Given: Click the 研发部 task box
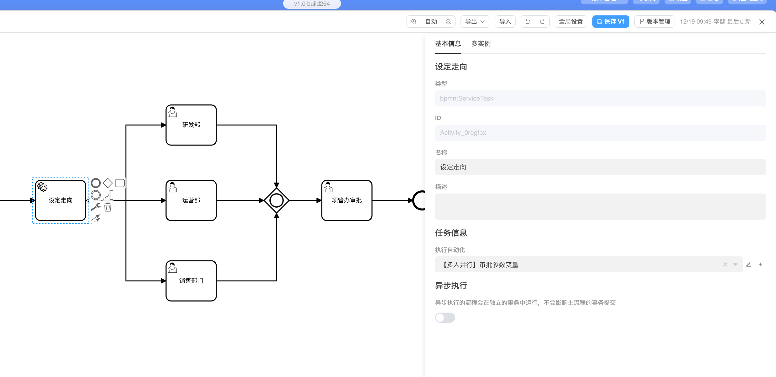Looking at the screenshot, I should (191, 125).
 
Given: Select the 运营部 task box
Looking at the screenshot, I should (191, 200).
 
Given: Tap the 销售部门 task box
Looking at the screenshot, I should (191, 281).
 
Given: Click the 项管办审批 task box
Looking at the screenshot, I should (347, 200).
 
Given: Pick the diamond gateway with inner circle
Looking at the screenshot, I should (276, 200).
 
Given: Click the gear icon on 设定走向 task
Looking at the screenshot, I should (42, 187).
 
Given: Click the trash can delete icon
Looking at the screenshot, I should (108, 207).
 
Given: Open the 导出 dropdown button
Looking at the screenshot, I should (475, 22).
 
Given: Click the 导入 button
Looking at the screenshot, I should (505, 22).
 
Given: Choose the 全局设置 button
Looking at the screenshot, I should (571, 22).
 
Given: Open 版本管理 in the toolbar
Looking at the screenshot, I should (655, 22).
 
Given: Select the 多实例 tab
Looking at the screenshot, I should (481, 44).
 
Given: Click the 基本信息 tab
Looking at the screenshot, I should (448, 44).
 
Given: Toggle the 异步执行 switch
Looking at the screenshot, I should (445, 318).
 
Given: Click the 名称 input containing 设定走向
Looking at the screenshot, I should (600, 167).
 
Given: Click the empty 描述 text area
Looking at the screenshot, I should (600, 206).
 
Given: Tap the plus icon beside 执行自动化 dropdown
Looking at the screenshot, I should (760, 265).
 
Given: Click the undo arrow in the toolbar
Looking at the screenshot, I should (528, 22).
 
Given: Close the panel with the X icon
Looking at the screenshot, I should (762, 22).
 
